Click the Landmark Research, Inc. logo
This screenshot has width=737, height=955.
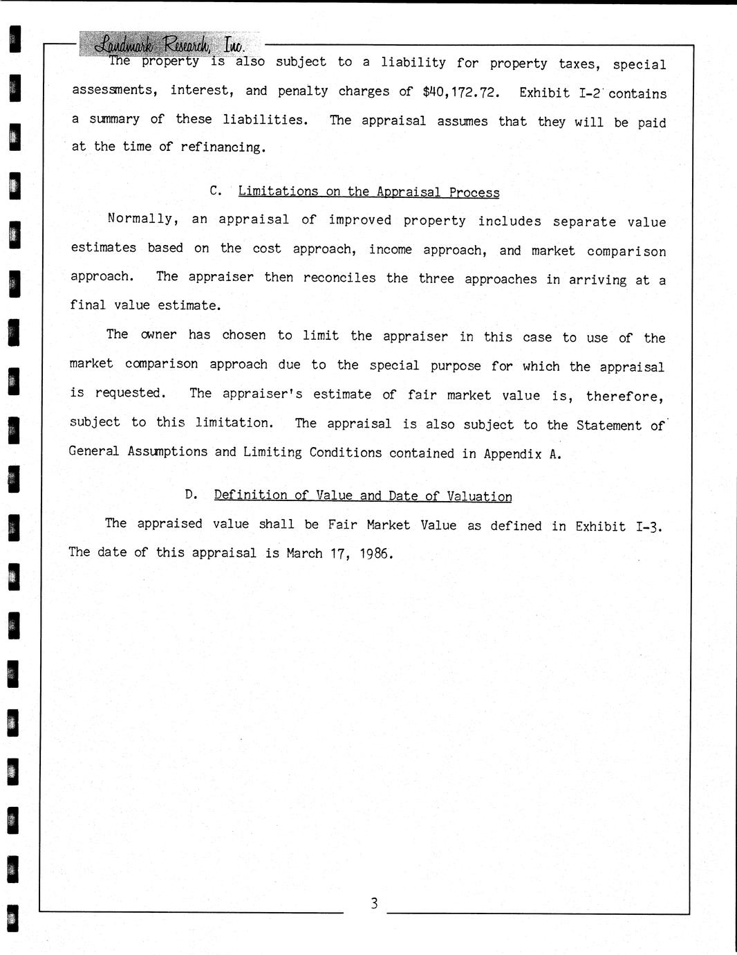(169, 44)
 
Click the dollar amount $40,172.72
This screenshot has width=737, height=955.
(460, 91)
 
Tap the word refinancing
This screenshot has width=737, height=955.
(223, 147)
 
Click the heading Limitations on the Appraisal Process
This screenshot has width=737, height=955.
(368, 192)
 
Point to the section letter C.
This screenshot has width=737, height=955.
(215, 190)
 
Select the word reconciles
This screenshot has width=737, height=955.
(339, 278)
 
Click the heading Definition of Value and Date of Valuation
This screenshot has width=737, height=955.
(363, 495)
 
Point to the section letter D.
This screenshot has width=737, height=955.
(191, 494)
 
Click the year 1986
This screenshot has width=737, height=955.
(375, 554)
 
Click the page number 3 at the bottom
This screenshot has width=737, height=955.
(374, 903)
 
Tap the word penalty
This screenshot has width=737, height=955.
(302, 91)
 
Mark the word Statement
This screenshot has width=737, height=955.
(608, 425)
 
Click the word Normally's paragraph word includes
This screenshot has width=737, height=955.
(509, 221)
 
